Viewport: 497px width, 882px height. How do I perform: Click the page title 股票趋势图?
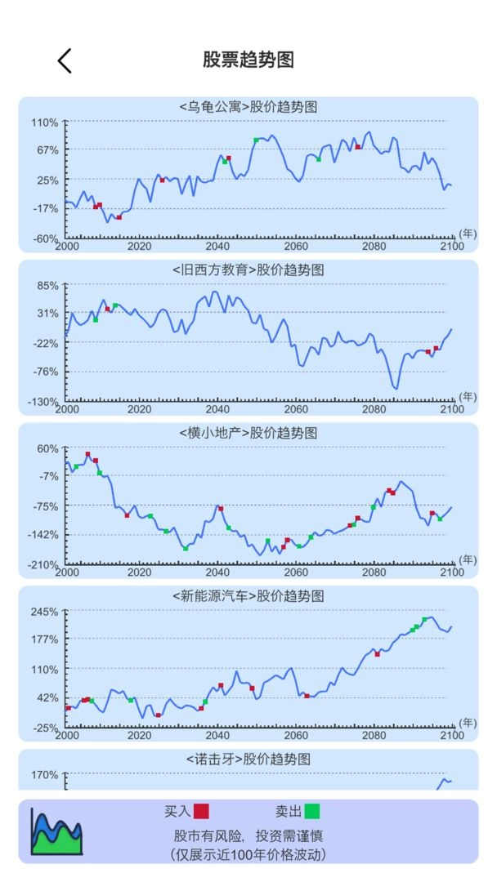[x=248, y=60]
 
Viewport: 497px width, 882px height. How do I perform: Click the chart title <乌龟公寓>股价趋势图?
[x=248, y=107]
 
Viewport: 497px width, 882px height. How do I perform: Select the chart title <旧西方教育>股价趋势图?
[x=248, y=270]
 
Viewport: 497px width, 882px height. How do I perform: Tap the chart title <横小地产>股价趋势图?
[x=248, y=433]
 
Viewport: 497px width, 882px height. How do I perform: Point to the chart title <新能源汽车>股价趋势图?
[x=248, y=596]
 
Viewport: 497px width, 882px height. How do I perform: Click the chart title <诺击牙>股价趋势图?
[x=248, y=759]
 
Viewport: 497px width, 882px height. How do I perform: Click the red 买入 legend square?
[x=201, y=811]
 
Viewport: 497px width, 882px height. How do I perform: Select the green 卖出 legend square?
[x=311, y=811]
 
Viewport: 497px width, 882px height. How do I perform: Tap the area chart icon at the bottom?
[x=56, y=831]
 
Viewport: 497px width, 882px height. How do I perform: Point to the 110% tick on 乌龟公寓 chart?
[x=45, y=122]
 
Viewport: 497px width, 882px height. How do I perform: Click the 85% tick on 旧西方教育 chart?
[x=48, y=285]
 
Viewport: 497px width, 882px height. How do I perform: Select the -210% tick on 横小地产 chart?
[x=45, y=564]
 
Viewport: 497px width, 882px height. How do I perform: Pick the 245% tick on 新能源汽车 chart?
[x=45, y=612]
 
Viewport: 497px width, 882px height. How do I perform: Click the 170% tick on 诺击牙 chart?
[x=45, y=774]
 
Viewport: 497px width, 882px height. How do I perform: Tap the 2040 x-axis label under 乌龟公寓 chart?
[x=217, y=246]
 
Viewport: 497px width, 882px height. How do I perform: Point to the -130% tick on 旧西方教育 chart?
[x=45, y=401]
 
